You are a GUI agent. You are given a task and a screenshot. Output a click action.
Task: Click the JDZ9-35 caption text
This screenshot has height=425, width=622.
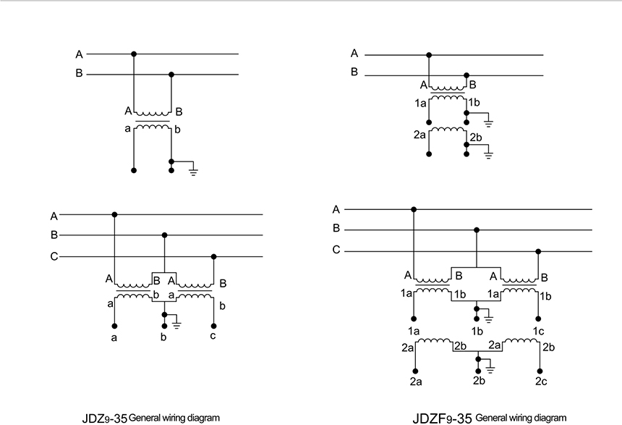[151, 418]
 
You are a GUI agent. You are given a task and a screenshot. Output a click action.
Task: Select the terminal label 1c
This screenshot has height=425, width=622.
[540, 330]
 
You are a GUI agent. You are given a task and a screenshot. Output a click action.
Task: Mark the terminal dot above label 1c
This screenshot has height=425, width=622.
[540, 318]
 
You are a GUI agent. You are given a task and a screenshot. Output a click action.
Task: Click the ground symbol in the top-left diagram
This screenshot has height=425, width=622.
[192, 172]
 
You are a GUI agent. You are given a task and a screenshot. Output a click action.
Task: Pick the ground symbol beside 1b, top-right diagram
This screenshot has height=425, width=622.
[490, 122]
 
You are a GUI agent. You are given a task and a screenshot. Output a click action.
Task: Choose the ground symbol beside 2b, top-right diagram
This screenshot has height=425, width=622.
[490, 153]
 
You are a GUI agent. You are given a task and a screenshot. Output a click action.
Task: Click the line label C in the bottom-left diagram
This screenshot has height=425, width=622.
[54, 256]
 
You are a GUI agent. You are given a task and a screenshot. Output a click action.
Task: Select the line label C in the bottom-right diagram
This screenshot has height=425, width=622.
[336, 251]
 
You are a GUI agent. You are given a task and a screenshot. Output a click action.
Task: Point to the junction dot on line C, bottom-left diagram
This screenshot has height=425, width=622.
[213, 256]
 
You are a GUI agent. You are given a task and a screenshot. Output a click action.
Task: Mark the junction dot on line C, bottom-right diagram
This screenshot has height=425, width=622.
[540, 251]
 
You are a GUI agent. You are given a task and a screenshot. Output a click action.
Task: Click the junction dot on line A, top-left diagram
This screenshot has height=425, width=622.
[134, 54]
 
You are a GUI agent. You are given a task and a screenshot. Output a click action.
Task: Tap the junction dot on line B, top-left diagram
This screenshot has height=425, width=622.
[171, 74]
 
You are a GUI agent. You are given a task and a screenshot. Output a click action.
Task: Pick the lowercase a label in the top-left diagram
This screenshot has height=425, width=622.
[127, 129]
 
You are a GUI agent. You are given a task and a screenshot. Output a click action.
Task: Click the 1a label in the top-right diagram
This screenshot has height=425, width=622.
[420, 104]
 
